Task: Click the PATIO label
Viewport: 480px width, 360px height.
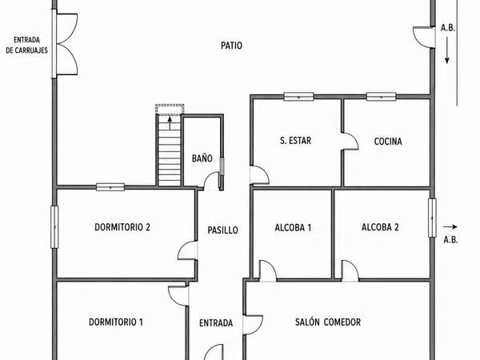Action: pyautogui.click(x=231, y=46)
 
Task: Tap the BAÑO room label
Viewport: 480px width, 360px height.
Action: pyautogui.click(x=202, y=158)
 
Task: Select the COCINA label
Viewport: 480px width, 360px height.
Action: pyautogui.click(x=388, y=142)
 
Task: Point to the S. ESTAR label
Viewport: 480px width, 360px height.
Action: pyautogui.click(x=295, y=141)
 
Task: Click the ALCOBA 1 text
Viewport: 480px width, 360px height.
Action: pyautogui.click(x=293, y=228)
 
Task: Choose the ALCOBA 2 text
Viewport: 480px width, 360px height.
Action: pyautogui.click(x=380, y=227)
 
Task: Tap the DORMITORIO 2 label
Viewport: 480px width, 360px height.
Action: pyautogui.click(x=122, y=227)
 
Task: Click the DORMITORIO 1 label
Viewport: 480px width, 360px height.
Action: pyautogui.click(x=116, y=322)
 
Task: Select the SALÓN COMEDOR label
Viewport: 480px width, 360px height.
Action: pyautogui.click(x=328, y=322)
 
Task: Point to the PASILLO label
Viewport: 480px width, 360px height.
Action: pyautogui.click(x=222, y=230)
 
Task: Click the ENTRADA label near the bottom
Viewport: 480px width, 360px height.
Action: pyautogui.click(x=216, y=323)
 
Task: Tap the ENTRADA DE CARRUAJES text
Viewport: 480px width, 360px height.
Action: pyautogui.click(x=27, y=45)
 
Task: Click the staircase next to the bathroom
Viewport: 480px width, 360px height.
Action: pyautogui.click(x=170, y=150)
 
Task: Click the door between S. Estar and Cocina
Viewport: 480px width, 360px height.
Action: pyautogui.click(x=350, y=142)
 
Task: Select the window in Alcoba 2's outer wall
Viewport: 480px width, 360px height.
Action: pyautogui.click(x=432, y=218)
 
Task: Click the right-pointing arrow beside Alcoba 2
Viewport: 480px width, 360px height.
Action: pyautogui.click(x=450, y=227)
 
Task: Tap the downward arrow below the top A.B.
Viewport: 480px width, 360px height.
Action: pyautogui.click(x=447, y=50)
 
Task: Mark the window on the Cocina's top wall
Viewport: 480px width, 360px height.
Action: pyautogui.click(x=381, y=97)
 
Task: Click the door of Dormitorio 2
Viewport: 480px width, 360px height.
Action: pyautogui.click(x=187, y=250)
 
